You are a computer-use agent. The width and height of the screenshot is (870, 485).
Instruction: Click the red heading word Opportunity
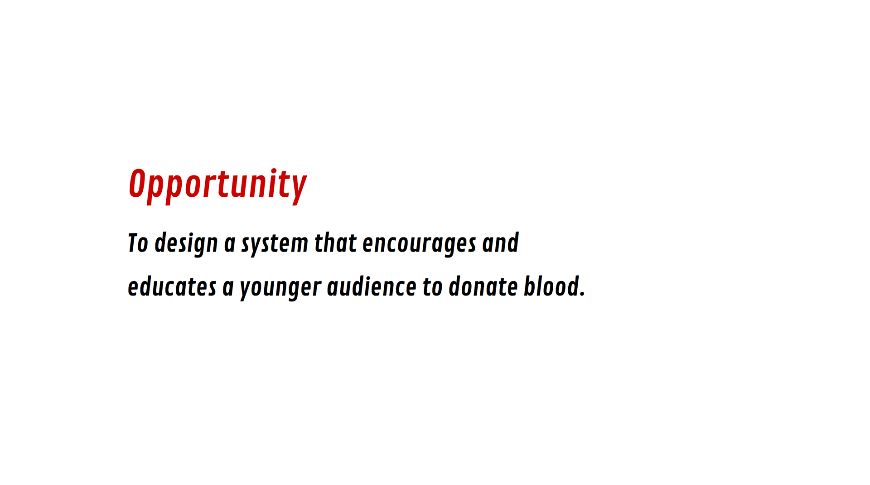pos(218,186)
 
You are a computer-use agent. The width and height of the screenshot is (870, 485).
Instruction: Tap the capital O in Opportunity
pos(137,184)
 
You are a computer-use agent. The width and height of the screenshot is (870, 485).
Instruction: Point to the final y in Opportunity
pos(298,190)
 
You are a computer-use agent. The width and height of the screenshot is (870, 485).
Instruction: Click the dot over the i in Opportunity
pos(274,171)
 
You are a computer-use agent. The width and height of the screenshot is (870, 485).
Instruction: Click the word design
pos(186,244)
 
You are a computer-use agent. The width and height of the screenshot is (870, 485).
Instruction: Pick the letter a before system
pos(230,245)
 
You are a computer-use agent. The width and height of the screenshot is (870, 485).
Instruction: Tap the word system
pos(275,245)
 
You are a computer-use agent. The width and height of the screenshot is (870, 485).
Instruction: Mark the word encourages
pos(419,245)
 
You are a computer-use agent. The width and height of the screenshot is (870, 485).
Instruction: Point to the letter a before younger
pos(228,288)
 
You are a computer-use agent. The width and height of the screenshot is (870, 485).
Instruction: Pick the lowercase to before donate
pos(432,287)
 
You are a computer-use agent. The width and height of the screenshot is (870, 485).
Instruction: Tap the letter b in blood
pos(530,286)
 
